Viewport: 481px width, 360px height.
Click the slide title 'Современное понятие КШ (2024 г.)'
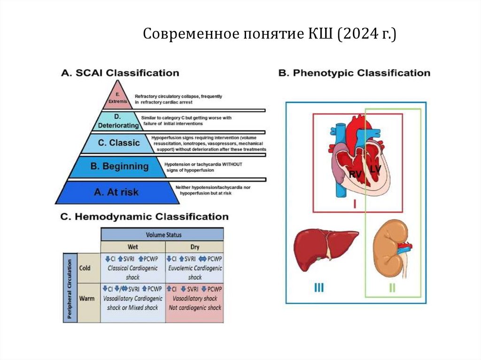tap(270, 34)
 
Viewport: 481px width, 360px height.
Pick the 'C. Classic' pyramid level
tap(119, 143)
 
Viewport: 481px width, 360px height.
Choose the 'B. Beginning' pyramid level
tap(118, 166)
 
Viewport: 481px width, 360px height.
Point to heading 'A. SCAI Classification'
tap(120, 73)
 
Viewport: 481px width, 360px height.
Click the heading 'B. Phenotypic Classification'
tap(354, 73)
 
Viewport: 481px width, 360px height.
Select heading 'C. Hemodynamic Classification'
tap(144, 216)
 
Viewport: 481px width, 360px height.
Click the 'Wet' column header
tap(133, 246)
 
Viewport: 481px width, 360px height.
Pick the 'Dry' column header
tap(194, 246)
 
